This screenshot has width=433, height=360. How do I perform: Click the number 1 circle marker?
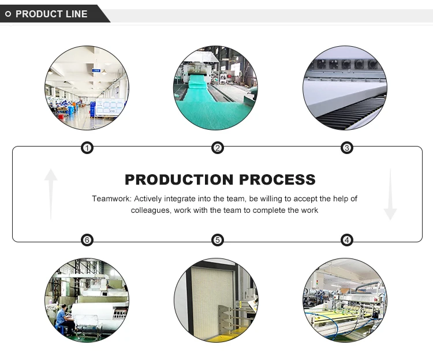coord(87,148)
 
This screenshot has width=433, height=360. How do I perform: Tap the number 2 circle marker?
coord(218,148)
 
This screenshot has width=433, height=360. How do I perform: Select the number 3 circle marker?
coord(347,148)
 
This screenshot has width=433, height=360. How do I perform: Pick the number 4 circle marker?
coord(347,240)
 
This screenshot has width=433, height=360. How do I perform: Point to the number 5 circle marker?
coord(218,240)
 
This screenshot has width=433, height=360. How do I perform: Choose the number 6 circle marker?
coord(87,240)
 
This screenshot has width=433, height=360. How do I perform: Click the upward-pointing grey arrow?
coord(51,194)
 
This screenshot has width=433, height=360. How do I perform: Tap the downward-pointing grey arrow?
coord(390,194)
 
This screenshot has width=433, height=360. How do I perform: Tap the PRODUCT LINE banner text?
coord(51,14)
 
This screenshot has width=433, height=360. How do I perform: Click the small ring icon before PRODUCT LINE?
coord(8,14)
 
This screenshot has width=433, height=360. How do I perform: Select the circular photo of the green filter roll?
coord(216,88)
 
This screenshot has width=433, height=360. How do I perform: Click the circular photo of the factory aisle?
coord(87,88)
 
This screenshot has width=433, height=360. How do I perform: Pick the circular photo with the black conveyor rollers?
coord(345,88)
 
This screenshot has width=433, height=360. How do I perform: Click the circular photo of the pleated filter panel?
coord(216,300)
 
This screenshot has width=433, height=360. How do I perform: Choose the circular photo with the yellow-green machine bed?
coord(345,300)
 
